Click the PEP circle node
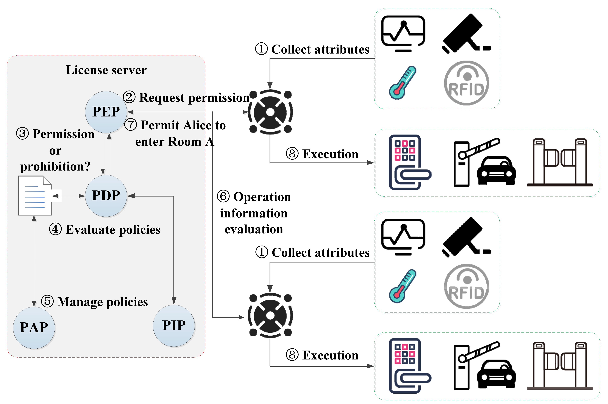(106, 112)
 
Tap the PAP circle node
(34, 327)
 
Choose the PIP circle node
(174, 325)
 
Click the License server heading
(106, 70)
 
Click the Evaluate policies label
(113, 230)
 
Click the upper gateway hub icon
(270, 112)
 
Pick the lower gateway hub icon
(270, 315)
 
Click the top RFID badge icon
(466, 83)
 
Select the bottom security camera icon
(466, 237)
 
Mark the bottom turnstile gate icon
(560, 366)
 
